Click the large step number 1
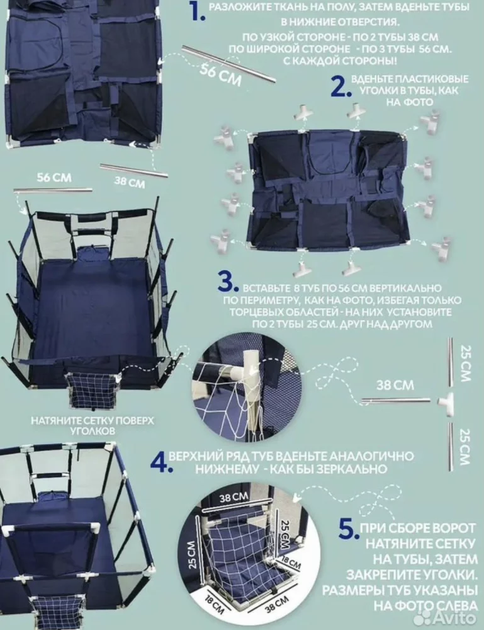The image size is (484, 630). [198, 12]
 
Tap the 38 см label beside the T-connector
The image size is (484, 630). [395, 385]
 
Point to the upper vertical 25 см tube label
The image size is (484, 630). [466, 363]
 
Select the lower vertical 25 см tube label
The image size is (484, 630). [464, 447]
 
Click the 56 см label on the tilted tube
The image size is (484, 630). [221, 75]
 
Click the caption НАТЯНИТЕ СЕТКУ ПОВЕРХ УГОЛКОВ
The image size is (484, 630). [93, 426]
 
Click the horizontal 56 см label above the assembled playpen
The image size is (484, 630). [54, 177]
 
